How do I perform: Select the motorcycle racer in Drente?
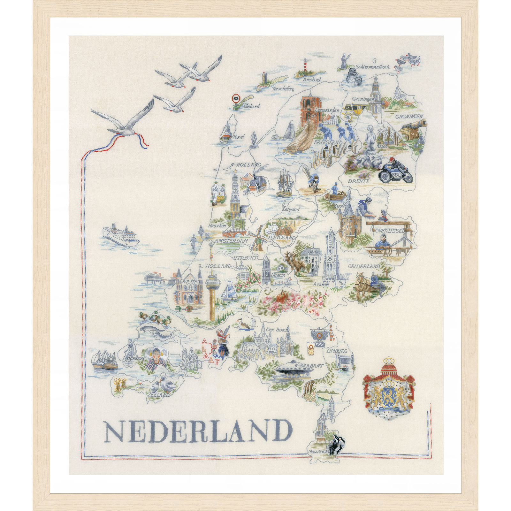point(395,171)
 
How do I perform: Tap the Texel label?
point(239,137)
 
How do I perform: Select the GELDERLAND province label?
point(364,266)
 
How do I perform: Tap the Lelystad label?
point(291,210)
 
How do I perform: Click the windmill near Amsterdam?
point(257,238)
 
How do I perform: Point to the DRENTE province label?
point(359,181)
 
